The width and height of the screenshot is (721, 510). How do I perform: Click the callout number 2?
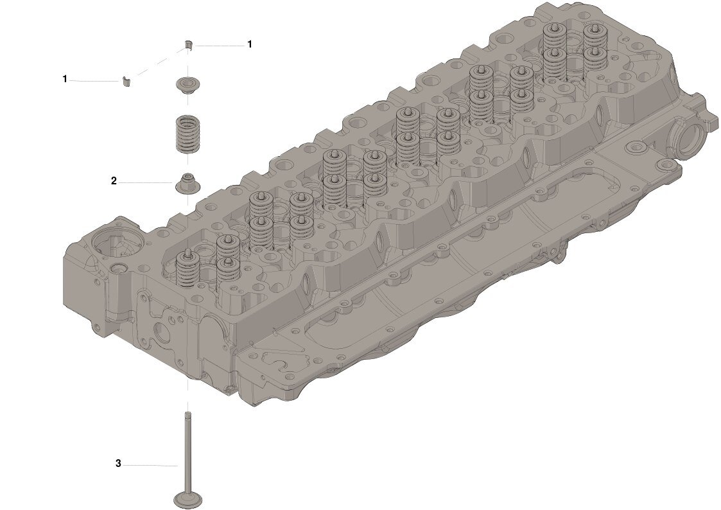click(x=114, y=181)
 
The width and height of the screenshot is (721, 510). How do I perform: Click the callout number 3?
click(x=118, y=464)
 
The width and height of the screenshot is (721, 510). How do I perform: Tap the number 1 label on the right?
click(x=250, y=44)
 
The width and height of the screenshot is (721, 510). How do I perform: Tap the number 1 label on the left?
click(x=65, y=79)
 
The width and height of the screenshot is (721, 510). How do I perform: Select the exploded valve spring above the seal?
click(x=188, y=134)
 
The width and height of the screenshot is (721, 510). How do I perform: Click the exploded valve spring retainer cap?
click(x=187, y=85)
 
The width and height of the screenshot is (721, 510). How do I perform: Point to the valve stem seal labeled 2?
click(x=187, y=183)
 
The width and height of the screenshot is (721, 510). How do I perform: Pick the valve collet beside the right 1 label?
click(x=188, y=44)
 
